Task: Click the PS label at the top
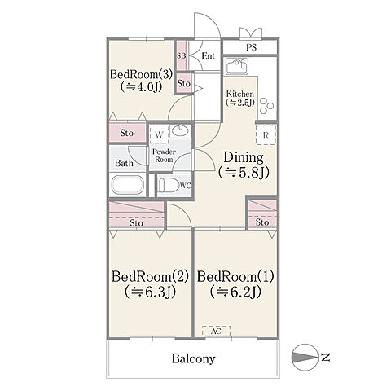click(251, 47)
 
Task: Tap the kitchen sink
click(237, 66)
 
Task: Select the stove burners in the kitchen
click(266, 106)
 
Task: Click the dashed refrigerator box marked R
click(266, 134)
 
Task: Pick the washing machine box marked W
click(159, 134)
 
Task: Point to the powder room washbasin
click(180, 130)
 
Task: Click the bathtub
click(128, 185)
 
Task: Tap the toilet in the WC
click(169, 186)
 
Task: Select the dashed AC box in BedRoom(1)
click(217, 332)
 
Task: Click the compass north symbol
click(305, 357)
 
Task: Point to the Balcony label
click(193, 358)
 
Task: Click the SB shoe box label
click(181, 55)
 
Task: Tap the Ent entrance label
click(209, 56)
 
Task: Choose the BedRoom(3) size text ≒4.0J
click(141, 87)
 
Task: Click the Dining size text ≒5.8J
click(244, 172)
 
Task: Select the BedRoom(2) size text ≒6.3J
click(150, 292)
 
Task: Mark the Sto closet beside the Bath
click(128, 133)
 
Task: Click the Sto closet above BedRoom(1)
click(261, 214)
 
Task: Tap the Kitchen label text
click(240, 94)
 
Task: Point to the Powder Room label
click(164, 156)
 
